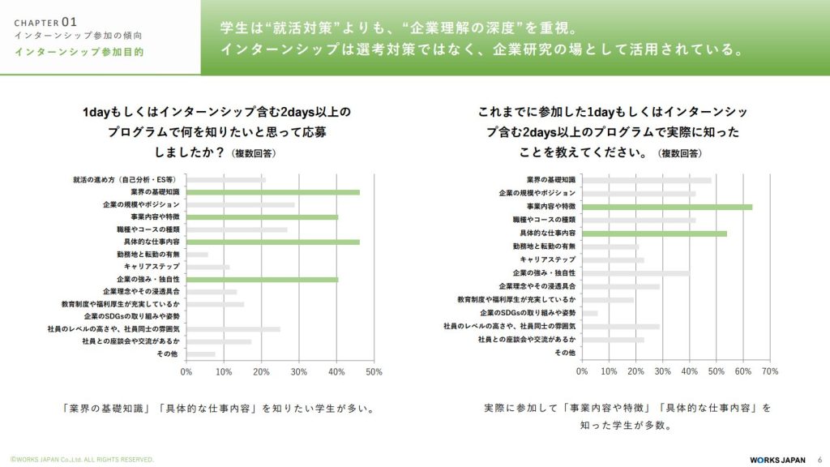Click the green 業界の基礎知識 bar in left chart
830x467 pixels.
(x=273, y=192)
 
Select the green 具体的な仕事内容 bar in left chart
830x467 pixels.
(x=273, y=242)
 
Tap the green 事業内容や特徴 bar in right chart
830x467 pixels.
(x=667, y=207)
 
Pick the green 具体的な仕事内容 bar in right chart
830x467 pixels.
(x=654, y=233)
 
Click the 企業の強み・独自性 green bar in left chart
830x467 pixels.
(x=263, y=279)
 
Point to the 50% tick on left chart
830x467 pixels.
(x=374, y=371)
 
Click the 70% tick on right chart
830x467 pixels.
(x=770, y=371)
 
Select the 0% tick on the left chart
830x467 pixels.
(x=186, y=371)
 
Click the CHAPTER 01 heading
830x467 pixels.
(x=46, y=23)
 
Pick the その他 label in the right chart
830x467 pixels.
(x=565, y=353)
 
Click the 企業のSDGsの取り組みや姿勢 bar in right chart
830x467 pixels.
(x=589, y=313)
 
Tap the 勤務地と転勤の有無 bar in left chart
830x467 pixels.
(x=197, y=255)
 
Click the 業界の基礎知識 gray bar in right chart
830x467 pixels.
(x=647, y=180)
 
